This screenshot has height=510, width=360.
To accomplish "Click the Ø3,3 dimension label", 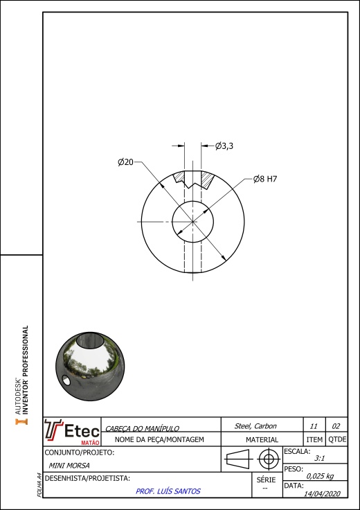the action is [224, 146].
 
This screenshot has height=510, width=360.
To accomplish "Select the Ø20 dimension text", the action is [126, 162].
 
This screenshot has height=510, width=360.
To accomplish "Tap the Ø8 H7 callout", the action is [265, 179].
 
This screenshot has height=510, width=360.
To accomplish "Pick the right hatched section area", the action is [206, 179].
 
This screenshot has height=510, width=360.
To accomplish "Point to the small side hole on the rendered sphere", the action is [66, 380].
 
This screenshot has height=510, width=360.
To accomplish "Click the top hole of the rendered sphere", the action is [90, 340].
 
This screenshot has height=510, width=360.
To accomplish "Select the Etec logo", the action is [72, 432].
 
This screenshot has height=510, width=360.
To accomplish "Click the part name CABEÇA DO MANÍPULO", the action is [143, 429].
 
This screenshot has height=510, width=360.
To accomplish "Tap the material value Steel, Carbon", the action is [255, 426].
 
